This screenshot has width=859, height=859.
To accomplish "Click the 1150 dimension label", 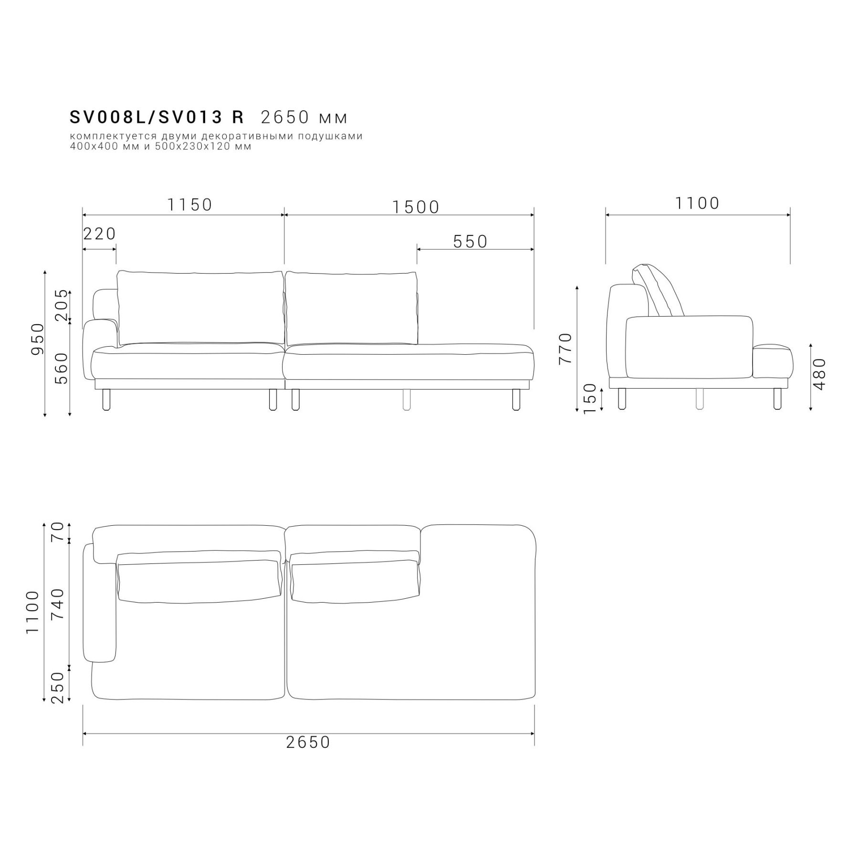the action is (x=189, y=205).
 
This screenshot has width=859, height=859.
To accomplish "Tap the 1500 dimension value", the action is (x=416, y=207).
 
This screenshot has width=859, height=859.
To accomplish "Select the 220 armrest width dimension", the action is (x=99, y=233).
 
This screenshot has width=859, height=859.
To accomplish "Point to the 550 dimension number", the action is (x=470, y=242).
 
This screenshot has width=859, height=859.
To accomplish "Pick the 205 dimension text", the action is (x=62, y=305).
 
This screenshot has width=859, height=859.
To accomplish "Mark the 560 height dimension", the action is (x=62, y=369).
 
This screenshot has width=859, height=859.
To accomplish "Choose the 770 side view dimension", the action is (x=565, y=349).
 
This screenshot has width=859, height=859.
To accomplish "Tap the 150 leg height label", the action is (x=590, y=398).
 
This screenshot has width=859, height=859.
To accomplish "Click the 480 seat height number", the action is (x=819, y=374).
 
